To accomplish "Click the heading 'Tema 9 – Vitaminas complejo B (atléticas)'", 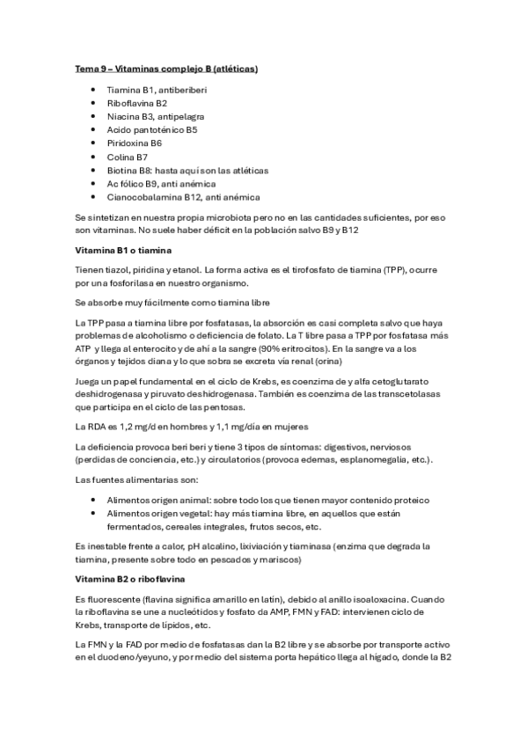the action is [x=165, y=68].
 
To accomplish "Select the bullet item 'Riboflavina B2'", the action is [x=130, y=103].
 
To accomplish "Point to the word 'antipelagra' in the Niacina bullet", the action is [x=184, y=116].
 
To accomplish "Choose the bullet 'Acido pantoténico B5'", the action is [x=151, y=129].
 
